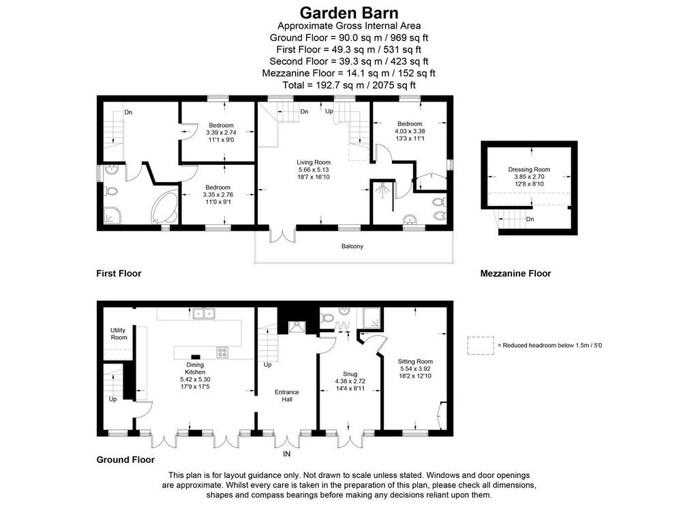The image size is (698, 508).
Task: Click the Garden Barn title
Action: tap(348, 12)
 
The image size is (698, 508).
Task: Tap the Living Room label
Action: tap(314, 162)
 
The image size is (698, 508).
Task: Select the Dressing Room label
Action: tap(529, 169)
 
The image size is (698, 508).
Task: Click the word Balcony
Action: tap(352, 246)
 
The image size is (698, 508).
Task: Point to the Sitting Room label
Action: tap(415, 361)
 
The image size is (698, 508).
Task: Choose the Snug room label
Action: tap(350, 374)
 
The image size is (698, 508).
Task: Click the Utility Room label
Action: tap(119, 333)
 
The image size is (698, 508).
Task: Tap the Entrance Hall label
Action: tap(287, 395)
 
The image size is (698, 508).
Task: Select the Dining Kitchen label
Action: tap(195, 368)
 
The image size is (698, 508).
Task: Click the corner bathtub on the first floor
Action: tap(165, 207)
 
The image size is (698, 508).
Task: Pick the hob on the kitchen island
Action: tap(222, 353)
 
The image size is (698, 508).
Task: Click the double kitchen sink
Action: tap(204, 314)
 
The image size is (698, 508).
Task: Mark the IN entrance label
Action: tap(287, 453)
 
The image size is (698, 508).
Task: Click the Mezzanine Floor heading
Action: tap(515, 273)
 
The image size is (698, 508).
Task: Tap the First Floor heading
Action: tap(119, 273)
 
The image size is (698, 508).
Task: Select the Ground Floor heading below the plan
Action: tap(125, 460)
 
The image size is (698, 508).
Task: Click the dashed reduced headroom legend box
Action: tap(481, 346)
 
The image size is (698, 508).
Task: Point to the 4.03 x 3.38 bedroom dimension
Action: tap(410, 132)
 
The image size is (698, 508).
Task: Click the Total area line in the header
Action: tap(349, 85)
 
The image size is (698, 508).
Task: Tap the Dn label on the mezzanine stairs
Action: tap(530, 219)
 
